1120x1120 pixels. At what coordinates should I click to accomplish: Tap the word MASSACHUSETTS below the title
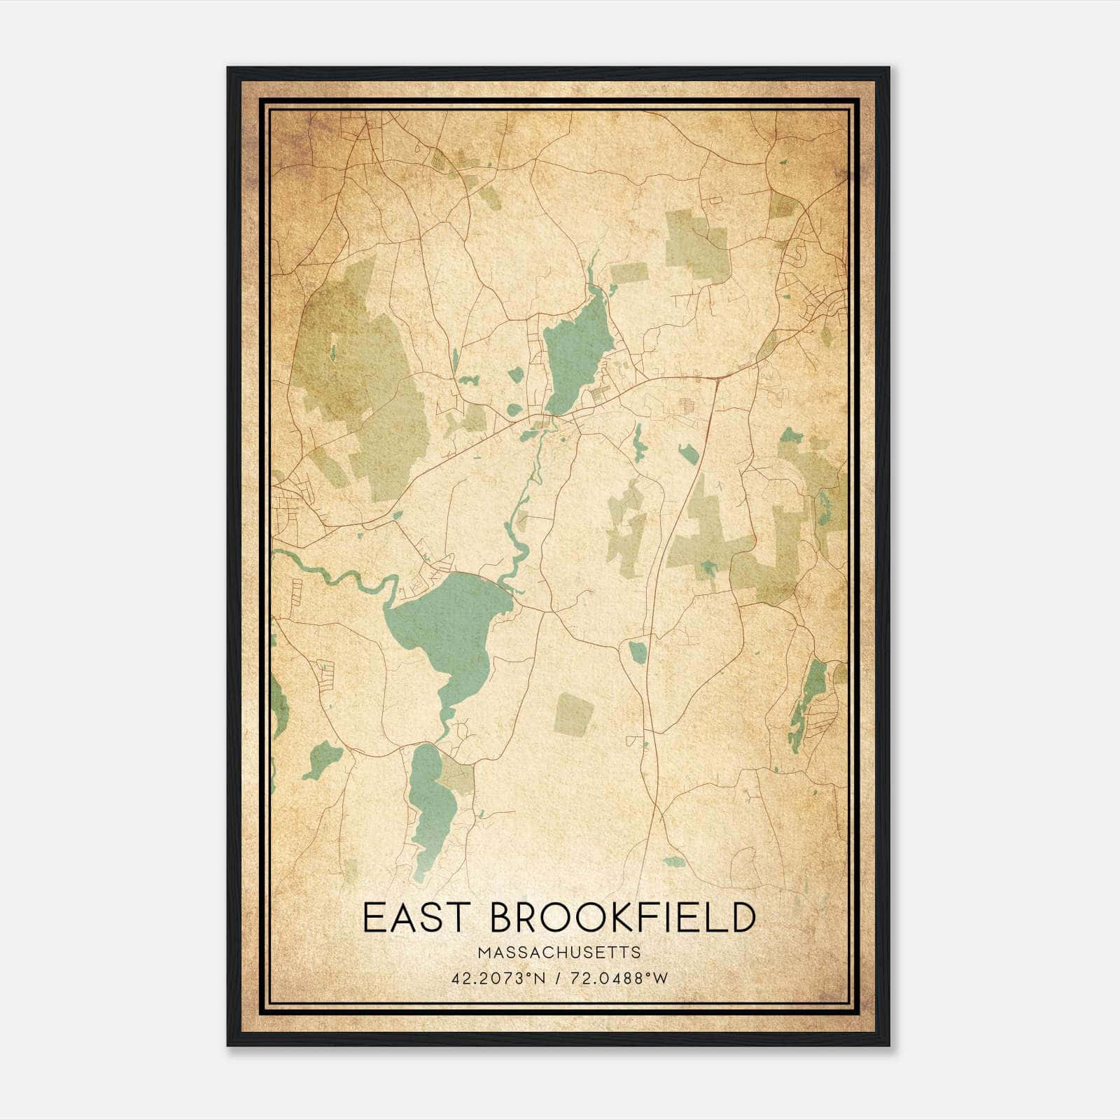(559, 953)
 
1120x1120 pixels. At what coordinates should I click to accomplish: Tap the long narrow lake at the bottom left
(427, 805)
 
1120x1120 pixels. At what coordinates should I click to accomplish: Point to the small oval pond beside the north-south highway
(638, 652)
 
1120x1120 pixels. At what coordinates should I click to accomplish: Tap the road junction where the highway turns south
(717, 378)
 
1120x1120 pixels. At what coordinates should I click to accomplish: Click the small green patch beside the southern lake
(456, 777)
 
